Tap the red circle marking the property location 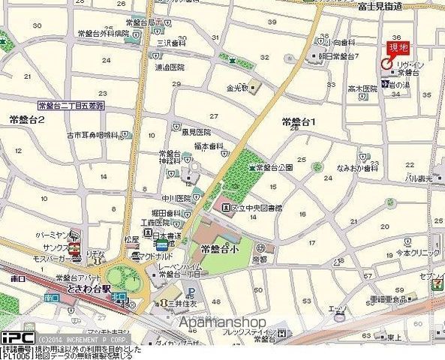click(386, 64)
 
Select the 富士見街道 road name click(380, 6)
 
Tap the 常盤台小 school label click(219, 248)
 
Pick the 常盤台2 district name click(26, 120)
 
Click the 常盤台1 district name click(298, 121)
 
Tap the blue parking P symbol click(191, 292)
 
